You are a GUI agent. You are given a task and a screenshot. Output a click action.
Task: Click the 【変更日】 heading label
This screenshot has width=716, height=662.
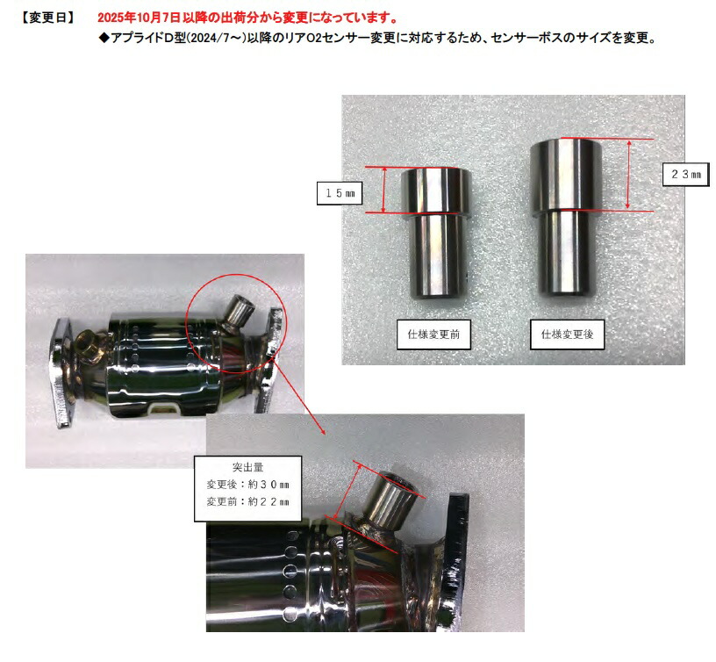[x=47, y=18]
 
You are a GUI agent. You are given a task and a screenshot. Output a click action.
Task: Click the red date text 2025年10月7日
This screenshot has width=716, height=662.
[x=140, y=18]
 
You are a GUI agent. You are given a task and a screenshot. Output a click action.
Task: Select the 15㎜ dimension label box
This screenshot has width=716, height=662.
[x=340, y=193]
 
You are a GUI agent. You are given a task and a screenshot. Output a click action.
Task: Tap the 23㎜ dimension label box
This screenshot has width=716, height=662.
[x=686, y=174]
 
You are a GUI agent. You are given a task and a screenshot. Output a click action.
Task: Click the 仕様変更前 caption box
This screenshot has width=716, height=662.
[x=433, y=335]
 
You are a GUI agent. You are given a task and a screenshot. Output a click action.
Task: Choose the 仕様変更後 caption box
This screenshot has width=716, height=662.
[x=567, y=335]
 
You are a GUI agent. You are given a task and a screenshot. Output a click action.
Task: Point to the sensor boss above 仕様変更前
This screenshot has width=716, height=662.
[x=436, y=233]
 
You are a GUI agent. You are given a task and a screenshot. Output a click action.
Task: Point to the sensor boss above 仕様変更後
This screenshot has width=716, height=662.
[x=566, y=217]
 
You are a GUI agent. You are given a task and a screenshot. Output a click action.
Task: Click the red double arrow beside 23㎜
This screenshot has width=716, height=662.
[x=629, y=175]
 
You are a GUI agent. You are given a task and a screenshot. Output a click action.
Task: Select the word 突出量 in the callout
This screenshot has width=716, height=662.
[x=248, y=467]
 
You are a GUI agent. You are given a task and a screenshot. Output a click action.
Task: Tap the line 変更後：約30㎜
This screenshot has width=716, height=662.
[x=248, y=485]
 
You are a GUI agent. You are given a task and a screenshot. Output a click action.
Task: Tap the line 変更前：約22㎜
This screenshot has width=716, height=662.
[x=248, y=501]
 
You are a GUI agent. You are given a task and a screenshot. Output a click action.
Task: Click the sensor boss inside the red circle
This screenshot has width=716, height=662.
[x=238, y=313]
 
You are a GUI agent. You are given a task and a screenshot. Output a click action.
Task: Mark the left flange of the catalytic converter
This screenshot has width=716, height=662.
[x=61, y=372]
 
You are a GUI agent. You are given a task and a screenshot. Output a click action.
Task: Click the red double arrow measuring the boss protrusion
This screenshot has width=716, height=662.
[x=347, y=492]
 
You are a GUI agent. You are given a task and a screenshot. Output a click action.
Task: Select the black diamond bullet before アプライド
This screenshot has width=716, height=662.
[x=104, y=38]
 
